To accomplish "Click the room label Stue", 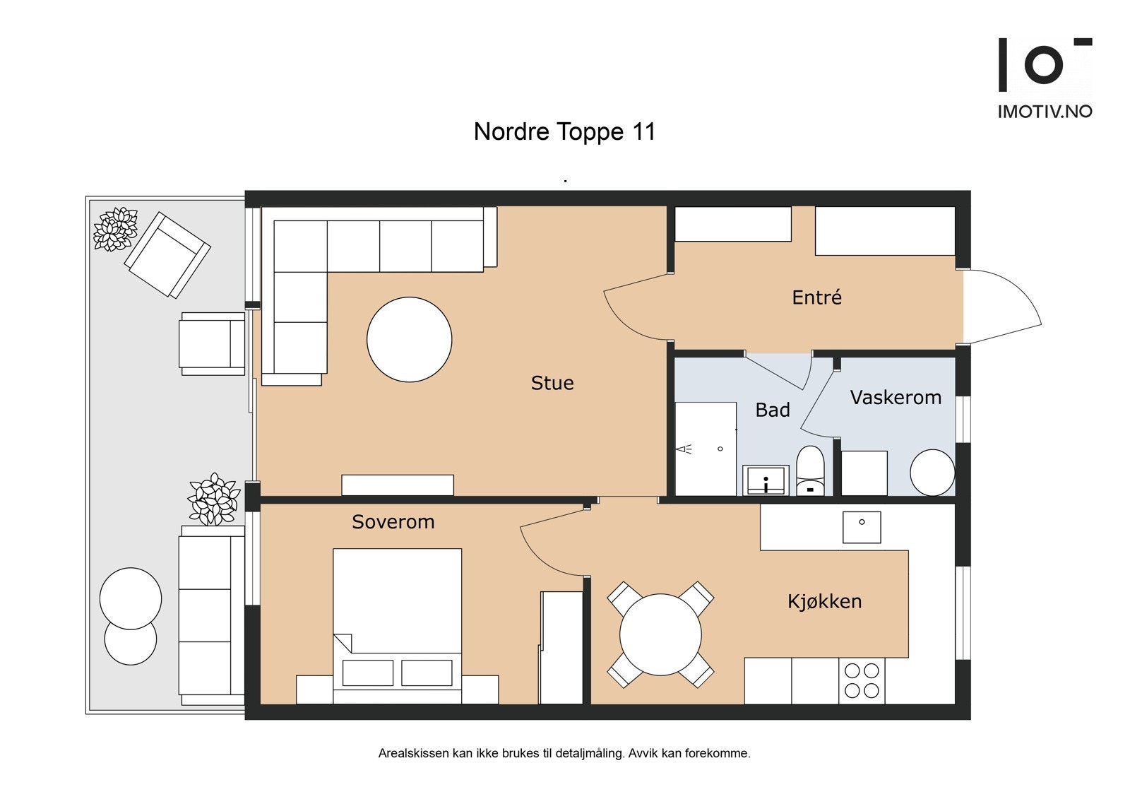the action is coord(552,383).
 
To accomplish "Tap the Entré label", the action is coord(816,297).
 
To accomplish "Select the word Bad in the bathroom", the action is coord(773,410).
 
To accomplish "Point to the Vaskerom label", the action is coord(896,397).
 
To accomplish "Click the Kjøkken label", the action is coord(825,601).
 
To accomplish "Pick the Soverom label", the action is coord(393,521).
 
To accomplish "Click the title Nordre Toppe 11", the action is coord(564,131).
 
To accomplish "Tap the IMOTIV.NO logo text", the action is coord(1045,112).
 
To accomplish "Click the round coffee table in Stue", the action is coord(409,339).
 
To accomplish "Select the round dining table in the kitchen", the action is coord(660,634).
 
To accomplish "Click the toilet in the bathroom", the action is coord(810,470).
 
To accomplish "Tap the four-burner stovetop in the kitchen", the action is coord(862,680).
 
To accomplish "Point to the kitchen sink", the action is coord(862,528).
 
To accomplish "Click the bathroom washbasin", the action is coord(766,480).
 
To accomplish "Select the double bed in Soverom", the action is coord(397,626).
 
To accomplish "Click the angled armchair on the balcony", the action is coord(167,254).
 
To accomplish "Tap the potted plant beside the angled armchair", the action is coord(116,229).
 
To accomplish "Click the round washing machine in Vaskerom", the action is coord(932,473).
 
